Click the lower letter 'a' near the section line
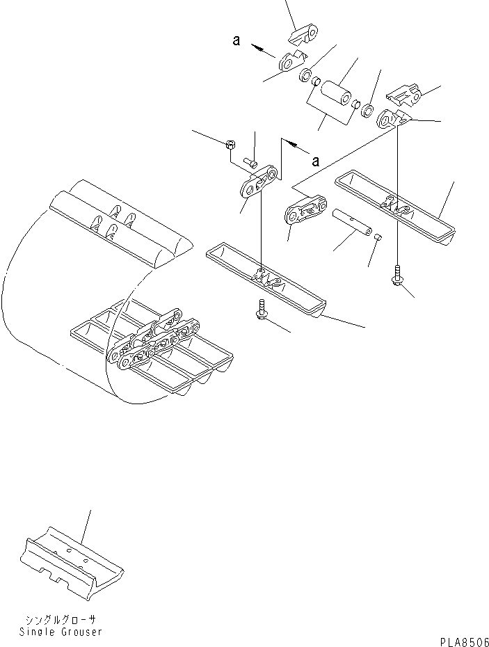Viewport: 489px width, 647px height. pos(315,161)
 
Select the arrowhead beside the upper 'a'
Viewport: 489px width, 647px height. pos(257,47)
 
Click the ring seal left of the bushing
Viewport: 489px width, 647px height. pos(305,74)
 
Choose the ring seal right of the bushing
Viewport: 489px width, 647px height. pos(367,111)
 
